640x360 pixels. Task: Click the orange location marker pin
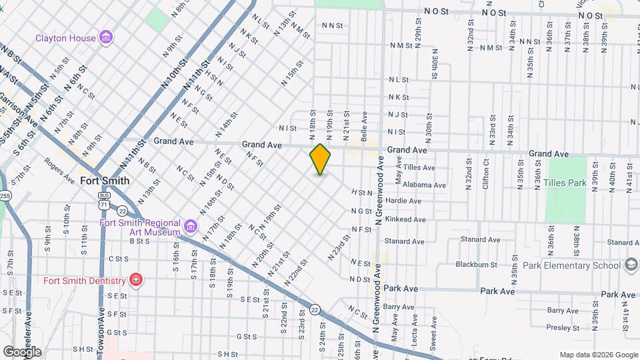[x=321, y=159]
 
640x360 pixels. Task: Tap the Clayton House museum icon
[x=106, y=37]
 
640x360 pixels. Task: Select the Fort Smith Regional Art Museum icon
[x=191, y=227]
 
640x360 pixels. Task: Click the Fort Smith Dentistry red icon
[x=136, y=279]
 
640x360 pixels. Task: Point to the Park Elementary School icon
[x=630, y=265]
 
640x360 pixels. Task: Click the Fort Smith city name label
[x=104, y=181]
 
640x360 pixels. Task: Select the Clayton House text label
[x=65, y=38]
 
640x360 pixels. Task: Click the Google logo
[x=21, y=351]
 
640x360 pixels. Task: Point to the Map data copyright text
[x=598, y=355]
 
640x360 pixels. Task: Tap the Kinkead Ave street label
[x=405, y=219]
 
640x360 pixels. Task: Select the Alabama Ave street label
[x=425, y=185]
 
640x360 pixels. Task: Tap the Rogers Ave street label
[x=59, y=170]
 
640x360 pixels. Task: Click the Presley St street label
[x=563, y=327]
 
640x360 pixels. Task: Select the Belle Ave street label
[x=364, y=124]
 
